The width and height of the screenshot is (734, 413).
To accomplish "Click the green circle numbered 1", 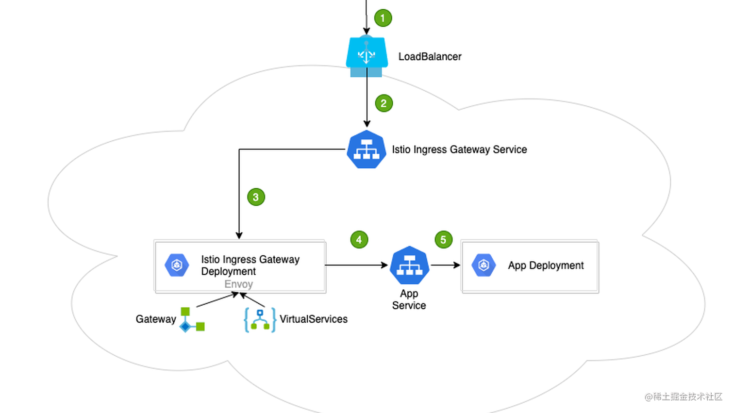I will (383, 18).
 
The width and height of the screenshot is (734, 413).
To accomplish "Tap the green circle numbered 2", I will (384, 103).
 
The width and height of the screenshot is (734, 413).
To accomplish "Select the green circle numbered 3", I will (256, 197).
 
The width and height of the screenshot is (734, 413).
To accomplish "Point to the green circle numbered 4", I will (359, 239).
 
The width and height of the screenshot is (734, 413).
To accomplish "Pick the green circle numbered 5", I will (443, 239).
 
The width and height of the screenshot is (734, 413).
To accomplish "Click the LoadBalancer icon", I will (367, 56).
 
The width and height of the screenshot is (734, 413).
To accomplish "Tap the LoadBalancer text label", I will (430, 57).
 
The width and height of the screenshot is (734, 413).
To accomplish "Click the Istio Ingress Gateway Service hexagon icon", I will (367, 149).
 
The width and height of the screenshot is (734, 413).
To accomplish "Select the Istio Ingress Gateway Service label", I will (459, 149).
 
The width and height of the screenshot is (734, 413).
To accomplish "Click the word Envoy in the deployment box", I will (238, 284).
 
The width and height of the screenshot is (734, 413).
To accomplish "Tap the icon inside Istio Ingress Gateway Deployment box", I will (177, 265).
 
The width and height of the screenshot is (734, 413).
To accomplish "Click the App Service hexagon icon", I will (409, 265).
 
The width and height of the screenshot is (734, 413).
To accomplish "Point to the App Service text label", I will (409, 299).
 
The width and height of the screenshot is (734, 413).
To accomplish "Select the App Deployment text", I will (546, 265).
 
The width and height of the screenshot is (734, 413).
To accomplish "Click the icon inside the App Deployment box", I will (484, 265).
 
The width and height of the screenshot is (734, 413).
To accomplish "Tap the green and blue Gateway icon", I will (192, 320).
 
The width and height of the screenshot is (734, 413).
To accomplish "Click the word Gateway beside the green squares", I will (156, 319).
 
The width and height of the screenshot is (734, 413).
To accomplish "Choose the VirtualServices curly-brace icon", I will (260, 320).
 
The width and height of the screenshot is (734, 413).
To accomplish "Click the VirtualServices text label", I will (314, 319).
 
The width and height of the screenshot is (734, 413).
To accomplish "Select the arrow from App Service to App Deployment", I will (445, 265).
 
